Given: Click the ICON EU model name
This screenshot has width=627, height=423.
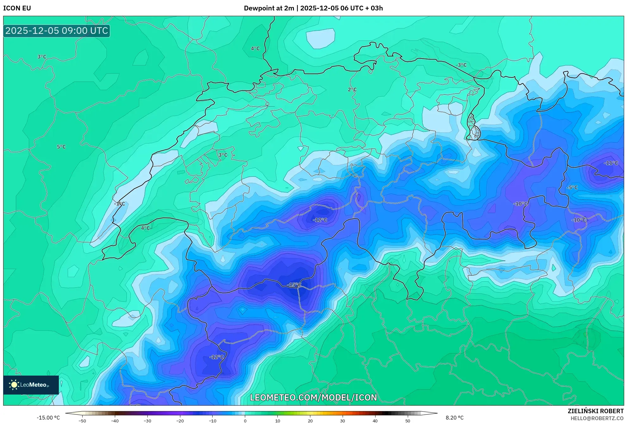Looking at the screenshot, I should point(17,8).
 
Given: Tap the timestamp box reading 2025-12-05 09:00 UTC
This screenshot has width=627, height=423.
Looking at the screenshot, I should point(57,31).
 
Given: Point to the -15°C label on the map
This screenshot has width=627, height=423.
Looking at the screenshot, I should point(294,285).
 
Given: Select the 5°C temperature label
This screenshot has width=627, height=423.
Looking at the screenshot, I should point(61,147).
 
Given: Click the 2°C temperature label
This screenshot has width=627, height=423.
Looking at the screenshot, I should point(352,89).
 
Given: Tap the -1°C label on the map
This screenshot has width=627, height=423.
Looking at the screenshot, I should point(120,204).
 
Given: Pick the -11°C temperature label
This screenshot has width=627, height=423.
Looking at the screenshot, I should point(611,163).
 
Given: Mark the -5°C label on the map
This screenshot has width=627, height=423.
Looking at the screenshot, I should point(572,187).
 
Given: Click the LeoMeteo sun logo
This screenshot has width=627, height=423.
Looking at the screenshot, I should point(14,385).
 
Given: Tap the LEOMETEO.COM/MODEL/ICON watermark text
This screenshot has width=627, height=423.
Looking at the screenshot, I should point(313,397).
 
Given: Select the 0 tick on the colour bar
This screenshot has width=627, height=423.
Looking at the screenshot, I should point(245,420).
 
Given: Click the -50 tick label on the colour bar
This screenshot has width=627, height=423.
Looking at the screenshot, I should point(82,420).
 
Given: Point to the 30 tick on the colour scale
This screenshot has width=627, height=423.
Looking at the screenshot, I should point(343,420).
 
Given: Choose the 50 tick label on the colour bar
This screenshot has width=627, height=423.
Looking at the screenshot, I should point(408,420).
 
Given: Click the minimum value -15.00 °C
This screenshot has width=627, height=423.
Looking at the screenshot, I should point(48,418).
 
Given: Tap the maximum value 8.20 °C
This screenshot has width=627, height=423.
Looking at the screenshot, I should point(455,418).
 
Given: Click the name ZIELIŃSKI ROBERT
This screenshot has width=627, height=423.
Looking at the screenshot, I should point(596,411).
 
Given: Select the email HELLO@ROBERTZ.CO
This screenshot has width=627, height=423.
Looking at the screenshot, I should point(597,418).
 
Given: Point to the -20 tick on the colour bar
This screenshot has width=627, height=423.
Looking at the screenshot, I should point(180,420).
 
